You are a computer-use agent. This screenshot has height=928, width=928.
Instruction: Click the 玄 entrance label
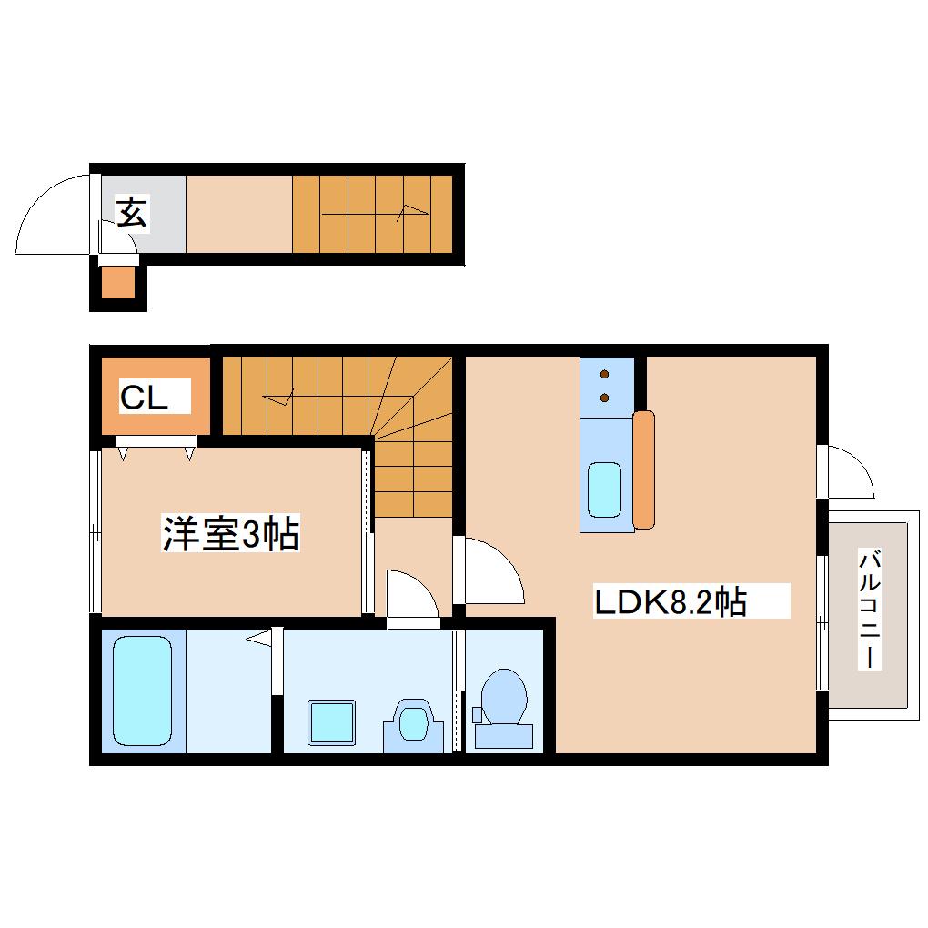132,213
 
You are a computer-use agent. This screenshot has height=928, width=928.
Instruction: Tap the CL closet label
144,397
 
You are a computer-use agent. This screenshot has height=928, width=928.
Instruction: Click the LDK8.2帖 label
670,602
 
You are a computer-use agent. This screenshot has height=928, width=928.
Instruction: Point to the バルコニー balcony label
870,609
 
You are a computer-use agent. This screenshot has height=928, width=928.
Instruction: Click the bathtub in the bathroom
142,691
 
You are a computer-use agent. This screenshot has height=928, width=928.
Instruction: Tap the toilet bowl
504,697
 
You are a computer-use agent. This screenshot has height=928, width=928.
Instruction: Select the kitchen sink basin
604,489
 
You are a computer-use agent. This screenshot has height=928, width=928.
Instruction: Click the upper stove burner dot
604,374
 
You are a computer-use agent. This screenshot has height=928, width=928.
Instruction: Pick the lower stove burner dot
604,398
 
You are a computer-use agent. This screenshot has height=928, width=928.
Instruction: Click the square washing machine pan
331,722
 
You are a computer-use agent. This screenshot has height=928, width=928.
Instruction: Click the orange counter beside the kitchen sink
644,469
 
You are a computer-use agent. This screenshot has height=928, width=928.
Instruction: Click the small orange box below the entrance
118,283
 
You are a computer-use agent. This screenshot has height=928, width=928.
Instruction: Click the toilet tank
504,736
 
